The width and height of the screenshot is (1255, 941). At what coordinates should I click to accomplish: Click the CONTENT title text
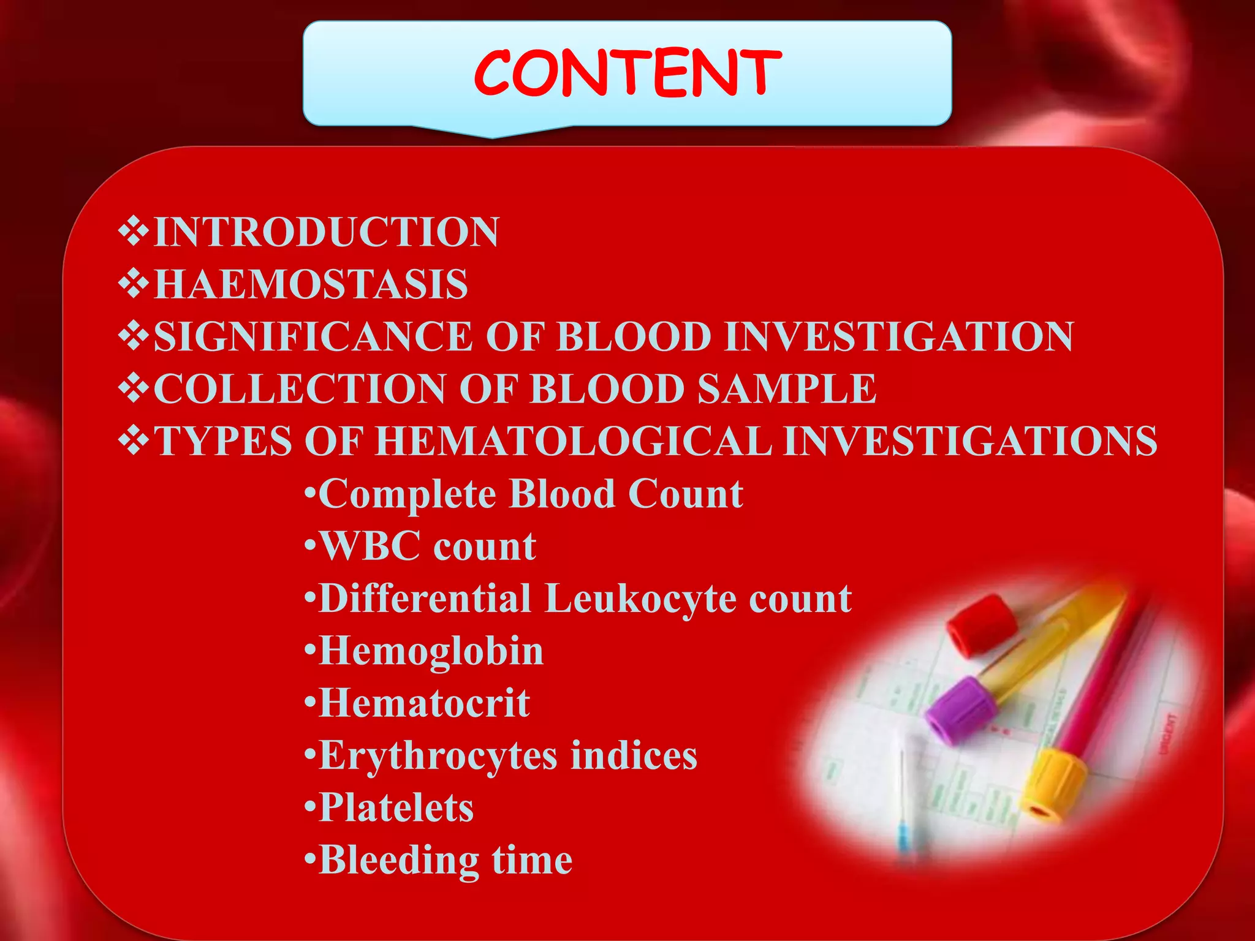coord(627,74)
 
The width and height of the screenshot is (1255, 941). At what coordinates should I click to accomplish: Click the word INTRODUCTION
coord(326,232)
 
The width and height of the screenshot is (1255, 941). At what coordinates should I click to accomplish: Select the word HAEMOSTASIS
coord(311,284)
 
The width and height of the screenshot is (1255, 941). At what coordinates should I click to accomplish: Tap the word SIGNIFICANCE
coord(313,337)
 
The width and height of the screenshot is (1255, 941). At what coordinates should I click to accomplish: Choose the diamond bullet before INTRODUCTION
coord(134,232)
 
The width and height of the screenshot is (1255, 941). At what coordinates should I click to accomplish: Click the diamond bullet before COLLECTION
coord(134,388)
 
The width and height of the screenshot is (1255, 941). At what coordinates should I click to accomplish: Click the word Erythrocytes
coord(438,756)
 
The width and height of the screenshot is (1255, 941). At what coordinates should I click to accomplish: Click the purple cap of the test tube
coord(960,711)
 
